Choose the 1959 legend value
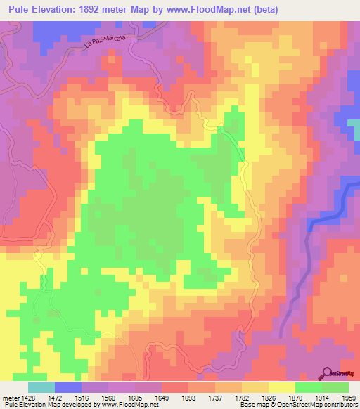click(349, 398)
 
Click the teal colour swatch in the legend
click(41, 387)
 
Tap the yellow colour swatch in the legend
click(281, 387)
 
